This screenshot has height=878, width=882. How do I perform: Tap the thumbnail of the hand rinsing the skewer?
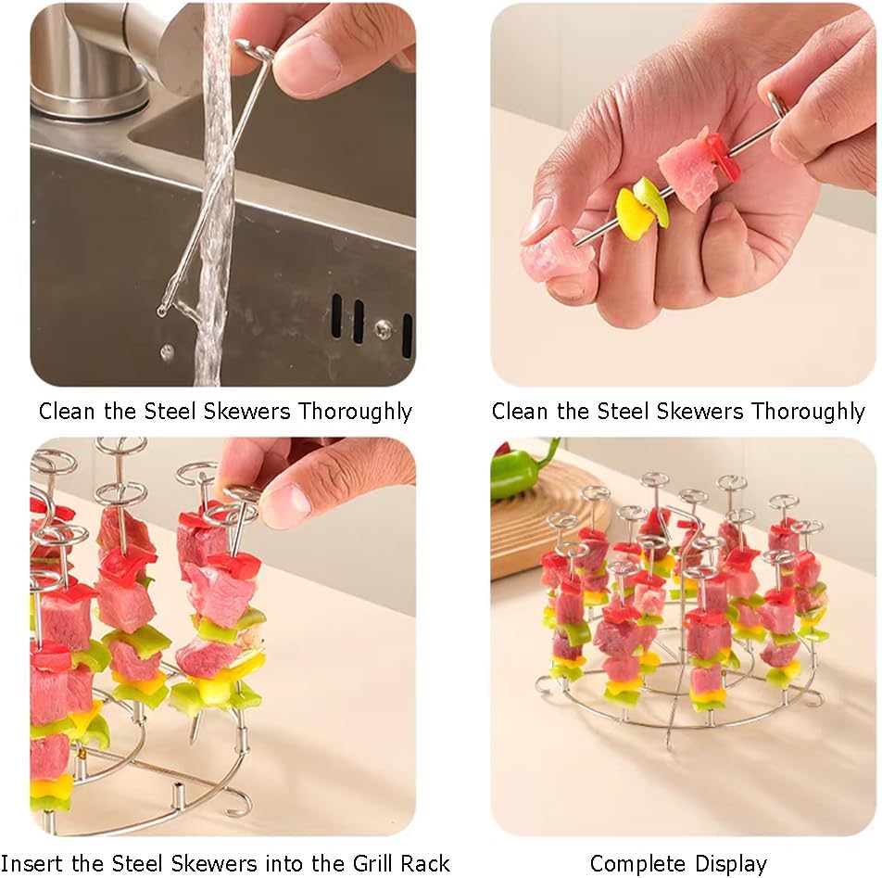click(x=222, y=195)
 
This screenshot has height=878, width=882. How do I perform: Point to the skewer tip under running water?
click(x=162, y=309)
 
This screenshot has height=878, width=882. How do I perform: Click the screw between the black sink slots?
click(x=384, y=327)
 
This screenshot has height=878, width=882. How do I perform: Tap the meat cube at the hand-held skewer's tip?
click(x=552, y=259)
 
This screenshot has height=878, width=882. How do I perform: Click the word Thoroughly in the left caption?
click(x=355, y=412)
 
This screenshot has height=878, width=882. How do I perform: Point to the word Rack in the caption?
click(x=426, y=863)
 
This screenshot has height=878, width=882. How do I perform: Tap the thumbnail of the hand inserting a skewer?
click(x=222, y=637)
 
